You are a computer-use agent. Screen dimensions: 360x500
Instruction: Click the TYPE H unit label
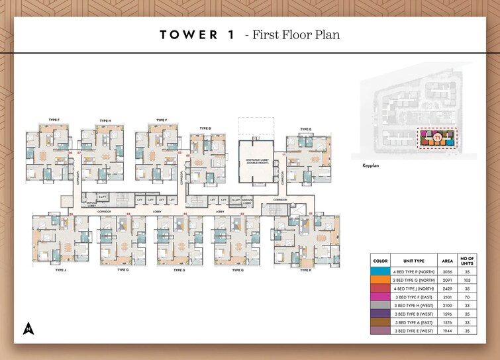[x=105, y=121]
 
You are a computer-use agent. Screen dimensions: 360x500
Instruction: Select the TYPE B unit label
[x=205, y=128]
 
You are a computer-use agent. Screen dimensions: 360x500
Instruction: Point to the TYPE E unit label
[x=305, y=129]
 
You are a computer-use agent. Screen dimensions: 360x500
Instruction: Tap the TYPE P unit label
[x=305, y=270]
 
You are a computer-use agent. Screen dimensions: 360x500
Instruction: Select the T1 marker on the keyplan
[x=437, y=138]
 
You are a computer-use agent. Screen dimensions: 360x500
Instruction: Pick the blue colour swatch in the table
[x=381, y=271]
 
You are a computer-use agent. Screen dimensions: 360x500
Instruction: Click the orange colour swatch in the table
[x=381, y=281]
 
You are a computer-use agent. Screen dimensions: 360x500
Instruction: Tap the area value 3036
[x=447, y=271]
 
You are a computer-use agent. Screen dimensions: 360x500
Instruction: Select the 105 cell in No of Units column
[x=468, y=281]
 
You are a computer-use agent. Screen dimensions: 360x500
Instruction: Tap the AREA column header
[x=447, y=261]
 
